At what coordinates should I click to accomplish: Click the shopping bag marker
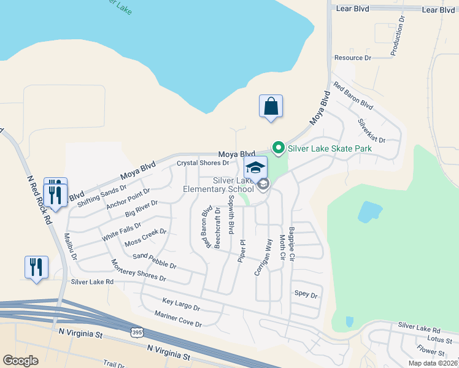click(x=271, y=107)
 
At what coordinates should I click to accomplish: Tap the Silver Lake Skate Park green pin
click(x=278, y=148)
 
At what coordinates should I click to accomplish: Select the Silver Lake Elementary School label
click(x=218, y=185)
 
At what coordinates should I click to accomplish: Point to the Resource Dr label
click(x=353, y=58)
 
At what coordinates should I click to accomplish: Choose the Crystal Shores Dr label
click(x=202, y=163)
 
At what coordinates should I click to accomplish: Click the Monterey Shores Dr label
click(x=138, y=270)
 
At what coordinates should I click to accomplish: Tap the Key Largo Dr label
click(x=181, y=304)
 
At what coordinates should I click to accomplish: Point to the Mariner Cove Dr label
click(x=178, y=319)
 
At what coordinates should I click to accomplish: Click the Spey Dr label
click(x=306, y=295)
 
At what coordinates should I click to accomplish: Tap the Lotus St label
click(x=439, y=339)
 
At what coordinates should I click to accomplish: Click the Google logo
click(x=21, y=361)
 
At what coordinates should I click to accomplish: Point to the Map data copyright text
click(x=433, y=363)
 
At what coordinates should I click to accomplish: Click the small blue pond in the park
click(x=369, y=212)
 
